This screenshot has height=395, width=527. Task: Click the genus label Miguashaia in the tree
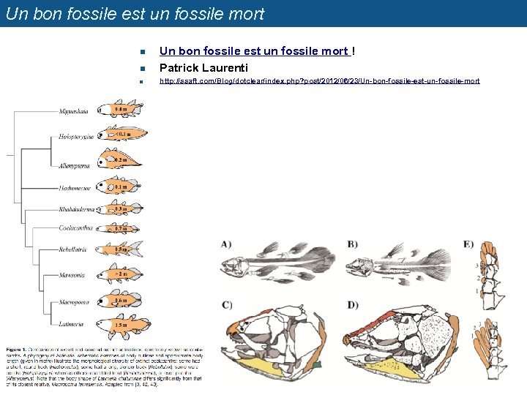point(74,111)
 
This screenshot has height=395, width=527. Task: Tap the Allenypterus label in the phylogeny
point(74,166)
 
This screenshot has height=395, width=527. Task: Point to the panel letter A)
point(225,244)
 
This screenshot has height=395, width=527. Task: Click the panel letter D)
point(353,304)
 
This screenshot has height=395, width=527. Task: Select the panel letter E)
point(468,244)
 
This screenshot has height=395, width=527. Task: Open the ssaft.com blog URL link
point(319,81)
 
